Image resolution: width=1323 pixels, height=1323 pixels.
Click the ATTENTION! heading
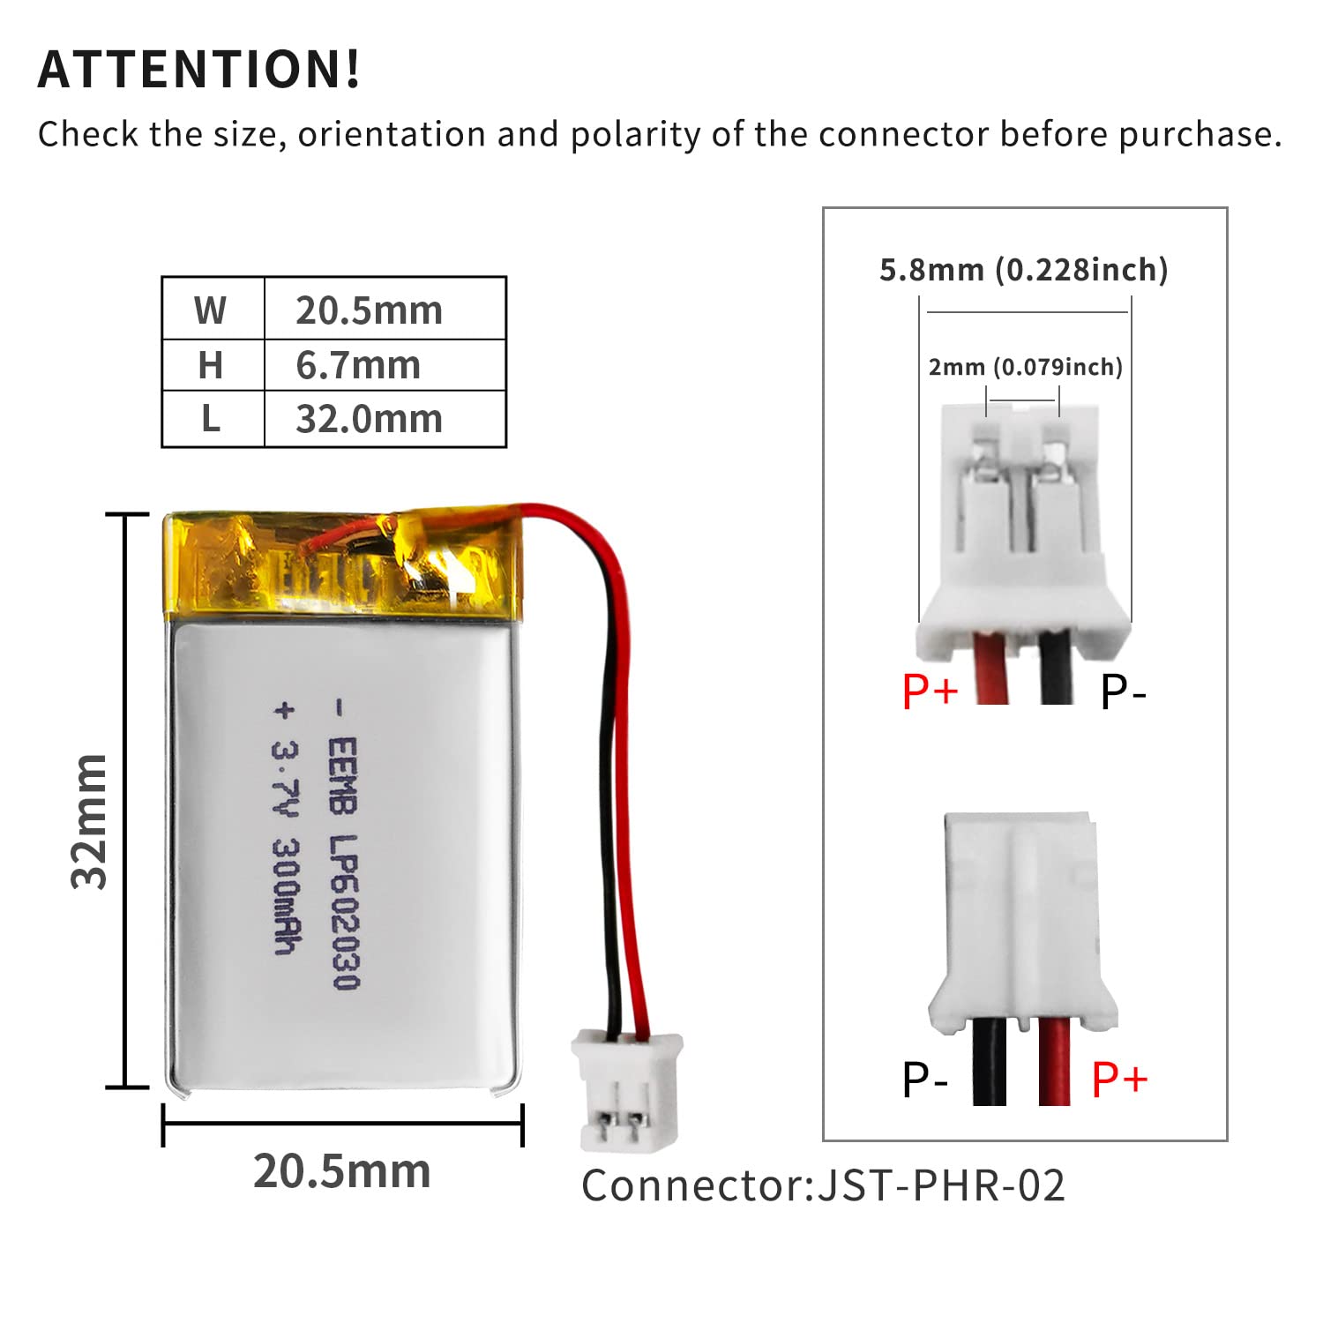pyautogui.click(x=199, y=69)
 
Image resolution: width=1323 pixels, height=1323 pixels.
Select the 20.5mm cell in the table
pyautogui.click(x=369, y=310)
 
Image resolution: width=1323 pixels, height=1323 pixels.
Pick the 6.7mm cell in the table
pyautogui.click(x=358, y=365)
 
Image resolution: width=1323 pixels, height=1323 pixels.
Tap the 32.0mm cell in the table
pyautogui.click(x=369, y=419)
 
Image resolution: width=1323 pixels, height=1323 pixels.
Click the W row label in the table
pyautogui.click(x=211, y=310)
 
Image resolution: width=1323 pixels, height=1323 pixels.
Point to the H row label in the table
pyautogui.click(x=211, y=365)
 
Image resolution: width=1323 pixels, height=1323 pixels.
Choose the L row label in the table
pyautogui.click(x=211, y=419)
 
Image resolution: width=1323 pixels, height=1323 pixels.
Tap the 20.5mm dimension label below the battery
pyautogui.click(x=342, y=1171)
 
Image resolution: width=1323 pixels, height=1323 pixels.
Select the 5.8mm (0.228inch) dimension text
pyautogui.click(x=1023, y=270)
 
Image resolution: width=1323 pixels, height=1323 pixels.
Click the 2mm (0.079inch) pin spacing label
pyautogui.click(x=1025, y=367)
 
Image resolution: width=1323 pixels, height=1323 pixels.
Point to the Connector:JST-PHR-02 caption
pyautogui.click(x=823, y=1185)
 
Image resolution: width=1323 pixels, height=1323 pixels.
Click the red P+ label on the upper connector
pyautogui.click(x=930, y=690)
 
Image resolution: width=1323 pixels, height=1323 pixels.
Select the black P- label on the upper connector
pyautogui.click(x=1122, y=691)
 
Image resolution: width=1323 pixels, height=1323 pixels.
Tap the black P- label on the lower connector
pyautogui.click(x=924, y=1079)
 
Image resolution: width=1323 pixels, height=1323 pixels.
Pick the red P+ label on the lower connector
pyautogui.click(x=1119, y=1079)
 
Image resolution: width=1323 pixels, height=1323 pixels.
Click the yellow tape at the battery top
pyautogui.click(x=340, y=564)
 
